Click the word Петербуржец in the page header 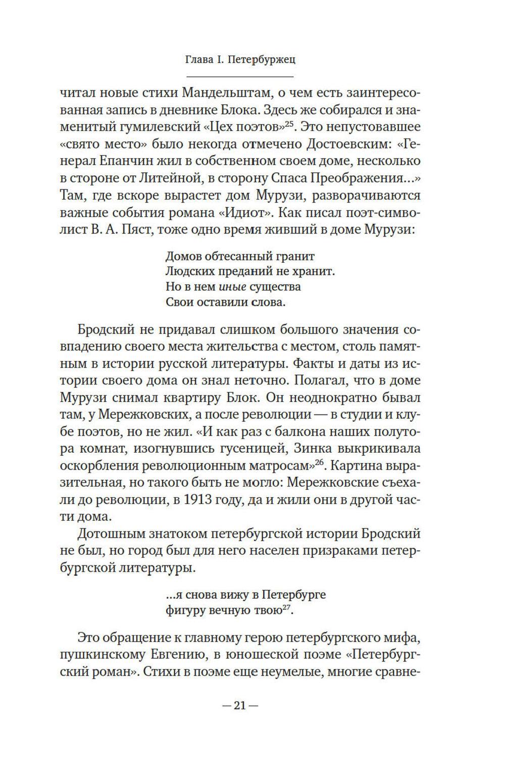click(x=262, y=60)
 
